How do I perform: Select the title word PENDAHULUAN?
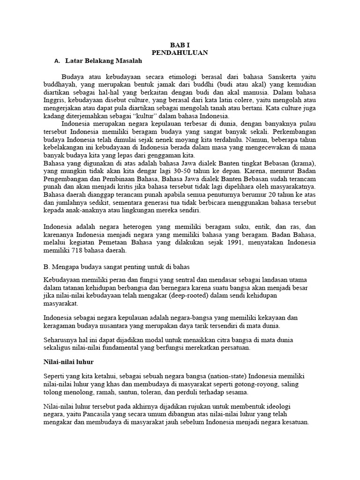click(x=180, y=53)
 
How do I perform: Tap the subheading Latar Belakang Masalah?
click(x=103, y=61)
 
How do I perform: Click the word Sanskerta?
click(x=283, y=76)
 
